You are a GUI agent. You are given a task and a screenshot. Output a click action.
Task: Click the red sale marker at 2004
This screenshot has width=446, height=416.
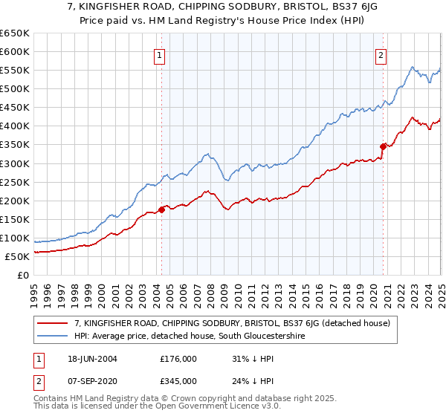click(161, 209)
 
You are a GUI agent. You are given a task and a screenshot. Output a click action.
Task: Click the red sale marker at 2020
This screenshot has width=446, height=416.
click(383, 146)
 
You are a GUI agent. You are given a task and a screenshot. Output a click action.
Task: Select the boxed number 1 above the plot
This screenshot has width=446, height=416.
click(160, 54)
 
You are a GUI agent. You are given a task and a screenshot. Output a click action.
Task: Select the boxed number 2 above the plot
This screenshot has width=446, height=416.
click(381, 54)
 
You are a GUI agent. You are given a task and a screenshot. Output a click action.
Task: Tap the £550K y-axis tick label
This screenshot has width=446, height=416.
click(16, 71)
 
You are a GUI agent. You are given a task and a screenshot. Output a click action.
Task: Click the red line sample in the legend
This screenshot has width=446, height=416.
click(53, 323)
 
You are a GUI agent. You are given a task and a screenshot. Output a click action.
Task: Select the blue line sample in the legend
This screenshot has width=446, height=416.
click(53, 337)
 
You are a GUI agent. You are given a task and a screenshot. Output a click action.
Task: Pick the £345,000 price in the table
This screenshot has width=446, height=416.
click(178, 380)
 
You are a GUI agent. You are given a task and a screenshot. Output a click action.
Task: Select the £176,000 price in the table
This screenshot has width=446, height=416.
click(178, 358)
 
